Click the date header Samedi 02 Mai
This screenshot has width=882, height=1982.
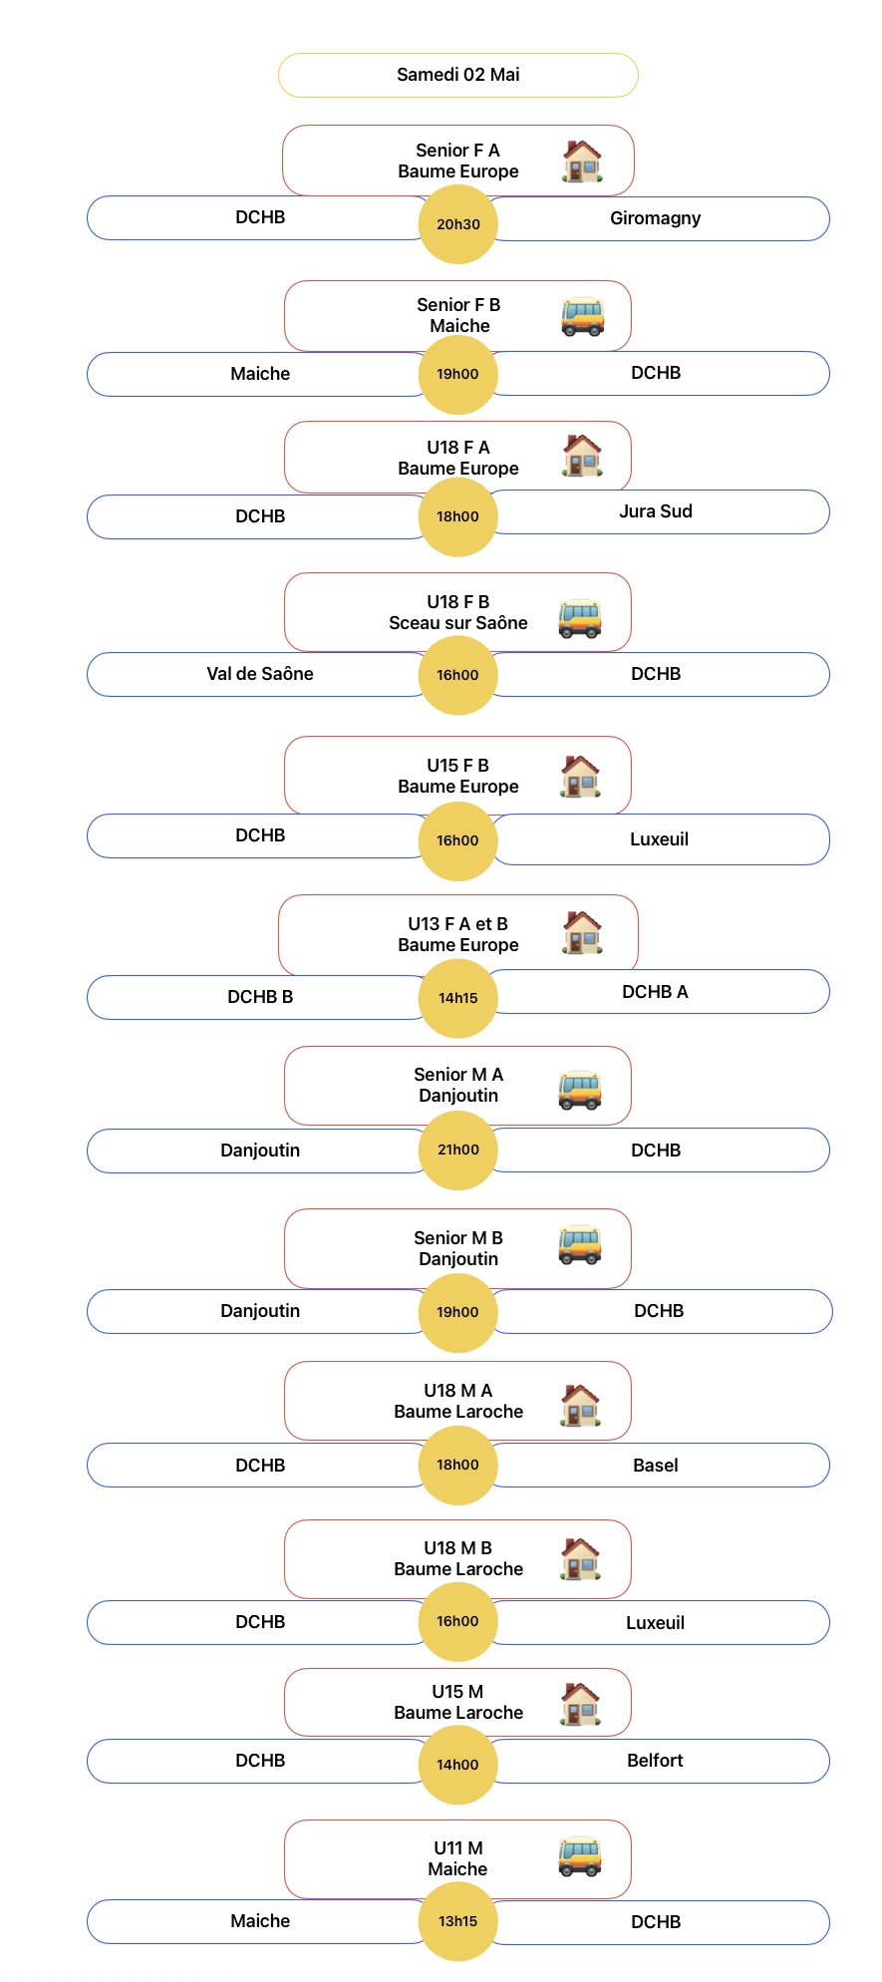point(457,75)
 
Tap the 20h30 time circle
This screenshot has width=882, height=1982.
point(457,224)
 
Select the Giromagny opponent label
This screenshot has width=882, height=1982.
point(655,218)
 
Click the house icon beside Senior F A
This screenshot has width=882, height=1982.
point(582,162)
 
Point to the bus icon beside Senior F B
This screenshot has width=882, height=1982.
point(582,317)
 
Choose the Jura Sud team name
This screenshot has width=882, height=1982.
point(655,511)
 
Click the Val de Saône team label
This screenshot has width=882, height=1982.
point(260,674)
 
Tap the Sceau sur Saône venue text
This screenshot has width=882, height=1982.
point(457,623)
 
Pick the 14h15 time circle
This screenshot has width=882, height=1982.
point(457,998)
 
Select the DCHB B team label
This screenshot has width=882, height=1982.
point(260,997)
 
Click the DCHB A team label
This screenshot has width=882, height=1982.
point(655,992)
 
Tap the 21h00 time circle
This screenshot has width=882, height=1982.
point(457,1150)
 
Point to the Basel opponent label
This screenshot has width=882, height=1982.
point(655,1466)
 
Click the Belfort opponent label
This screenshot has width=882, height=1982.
point(655,1761)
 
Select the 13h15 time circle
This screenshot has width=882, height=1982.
point(457,1921)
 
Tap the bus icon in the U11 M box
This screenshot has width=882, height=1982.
point(580,1857)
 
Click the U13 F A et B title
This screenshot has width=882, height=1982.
point(457,924)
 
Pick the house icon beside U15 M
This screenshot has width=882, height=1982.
point(580,1704)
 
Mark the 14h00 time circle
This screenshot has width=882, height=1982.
point(457,1765)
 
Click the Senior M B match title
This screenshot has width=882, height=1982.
point(457,1238)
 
